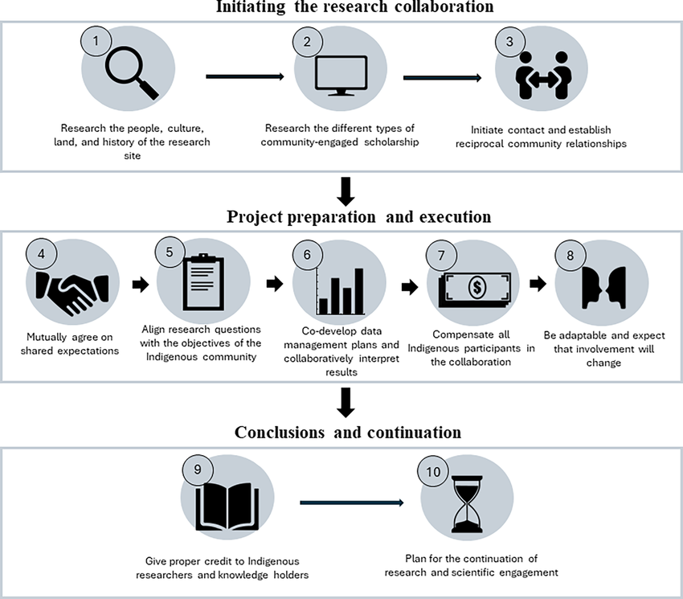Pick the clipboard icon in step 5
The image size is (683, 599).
199,282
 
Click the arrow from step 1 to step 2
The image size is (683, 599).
245,77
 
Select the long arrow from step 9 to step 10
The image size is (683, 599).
351,503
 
